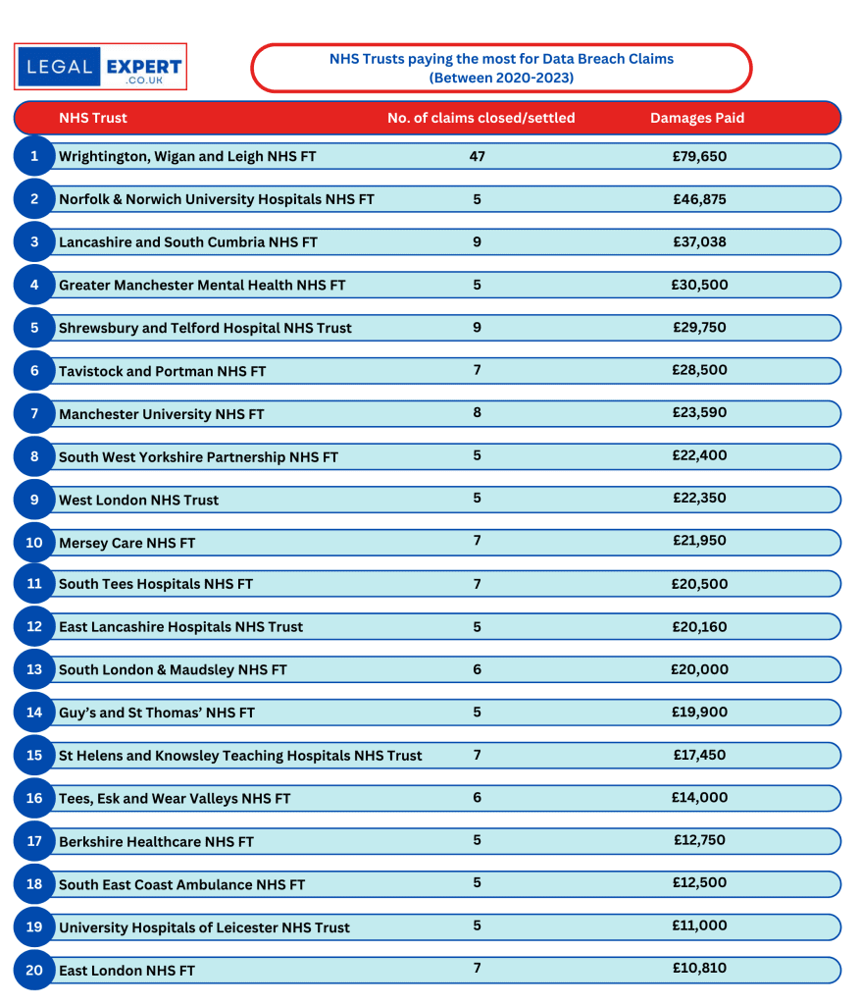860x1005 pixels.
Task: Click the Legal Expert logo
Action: pyautogui.click(x=100, y=67)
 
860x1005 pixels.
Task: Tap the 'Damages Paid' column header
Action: pyautogui.click(x=697, y=118)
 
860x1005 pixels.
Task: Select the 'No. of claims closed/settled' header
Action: pyautogui.click(x=481, y=118)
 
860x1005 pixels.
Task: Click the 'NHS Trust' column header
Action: pyautogui.click(x=93, y=118)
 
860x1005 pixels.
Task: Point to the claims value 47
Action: pyautogui.click(x=478, y=156)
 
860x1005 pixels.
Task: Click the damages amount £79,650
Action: pyautogui.click(x=699, y=156)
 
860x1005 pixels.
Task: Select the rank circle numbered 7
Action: pyautogui.click(x=34, y=413)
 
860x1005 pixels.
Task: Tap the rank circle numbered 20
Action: pyautogui.click(x=34, y=970)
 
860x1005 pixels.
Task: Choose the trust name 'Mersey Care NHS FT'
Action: pyautogui.click(x=127, y=543)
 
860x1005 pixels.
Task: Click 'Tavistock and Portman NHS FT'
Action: pyautogui.click(x=162, y=371)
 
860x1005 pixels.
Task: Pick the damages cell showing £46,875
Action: pyautogui.click(x=699, y=199)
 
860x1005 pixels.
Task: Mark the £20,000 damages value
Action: pyautogui.click(x=699, y=669)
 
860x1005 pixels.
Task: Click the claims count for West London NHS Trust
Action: pyautogui.click(x=478, y=499)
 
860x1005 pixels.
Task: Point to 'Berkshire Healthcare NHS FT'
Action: pyautogui.click(x=156, y=842)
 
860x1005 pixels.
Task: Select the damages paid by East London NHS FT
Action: pyautogui.click(x=699, y=969)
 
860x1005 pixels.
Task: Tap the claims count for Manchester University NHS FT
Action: pyautogui.click(x=478, y=413)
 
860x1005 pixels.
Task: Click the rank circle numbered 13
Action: pyautogui.click(x=34, y=669)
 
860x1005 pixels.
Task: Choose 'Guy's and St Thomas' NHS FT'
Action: pyautogui.click(x=157, y=713)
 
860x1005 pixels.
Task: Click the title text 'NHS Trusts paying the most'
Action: pyautogui.click(x=501, y=59)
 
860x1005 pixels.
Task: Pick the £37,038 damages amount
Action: pyautogui.click(x=699, y=241)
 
